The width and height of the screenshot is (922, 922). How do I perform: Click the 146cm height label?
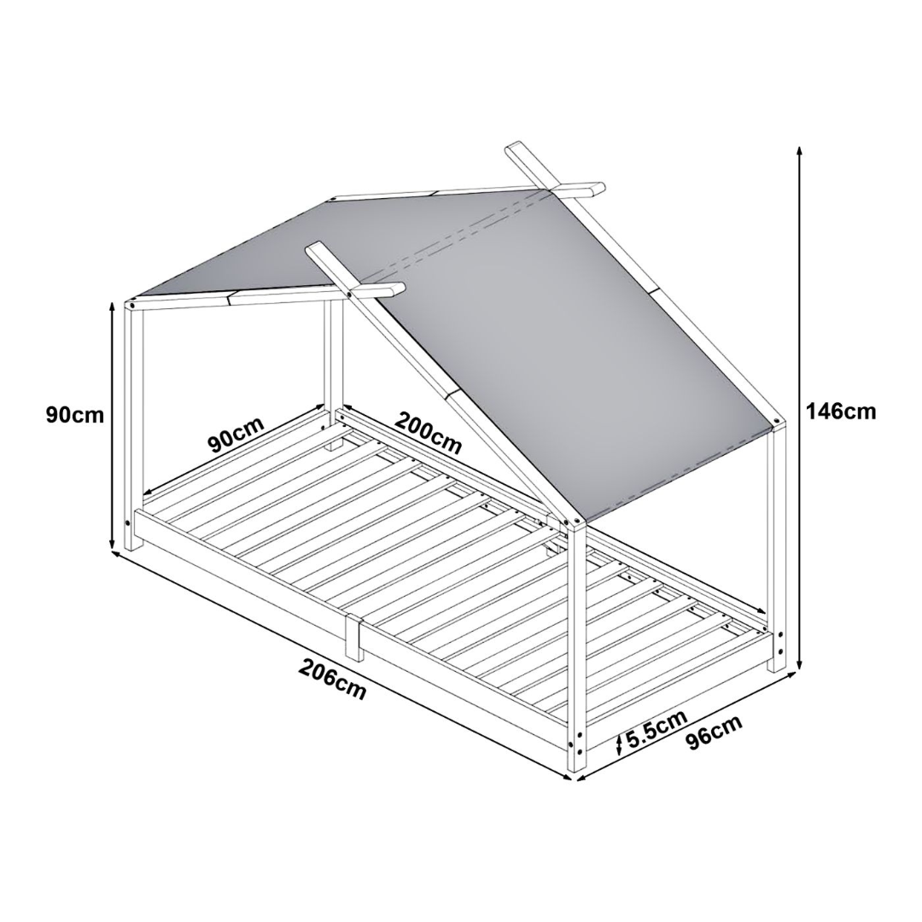(x=840, y=411)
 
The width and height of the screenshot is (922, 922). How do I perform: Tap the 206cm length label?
(x=332, y=680)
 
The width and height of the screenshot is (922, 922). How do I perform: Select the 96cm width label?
(x=714, y=732)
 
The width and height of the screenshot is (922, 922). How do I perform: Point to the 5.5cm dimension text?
(x=656, y=728)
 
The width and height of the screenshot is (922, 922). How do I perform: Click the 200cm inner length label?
(x=428, y=433)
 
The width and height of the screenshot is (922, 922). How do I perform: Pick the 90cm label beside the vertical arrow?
(x=75, y=415)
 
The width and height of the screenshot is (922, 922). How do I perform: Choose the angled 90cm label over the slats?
(x=236, y=435)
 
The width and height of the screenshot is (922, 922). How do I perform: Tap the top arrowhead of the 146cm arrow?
(x=800, y=150)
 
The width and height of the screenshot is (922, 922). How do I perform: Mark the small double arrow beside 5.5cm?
(x=620, y=745)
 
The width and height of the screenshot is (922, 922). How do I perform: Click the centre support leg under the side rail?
(x=354, y=636)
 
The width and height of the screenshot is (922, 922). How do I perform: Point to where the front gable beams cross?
(x=351, y=290)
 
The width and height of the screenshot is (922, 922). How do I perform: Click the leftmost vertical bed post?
(x=133, y=427)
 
